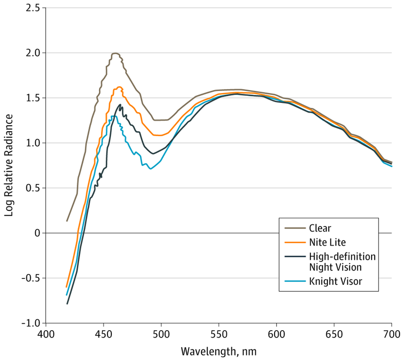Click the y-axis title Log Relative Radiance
click(x=8, y=164)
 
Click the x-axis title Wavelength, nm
click(x=218, y=351)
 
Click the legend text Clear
click(x=320, y=228)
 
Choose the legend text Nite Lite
click(x=327, y=242)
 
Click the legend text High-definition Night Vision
click(x=342, y=262)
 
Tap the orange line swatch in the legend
click(x=294, y=242)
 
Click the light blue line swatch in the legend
click(x=294, y=281)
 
